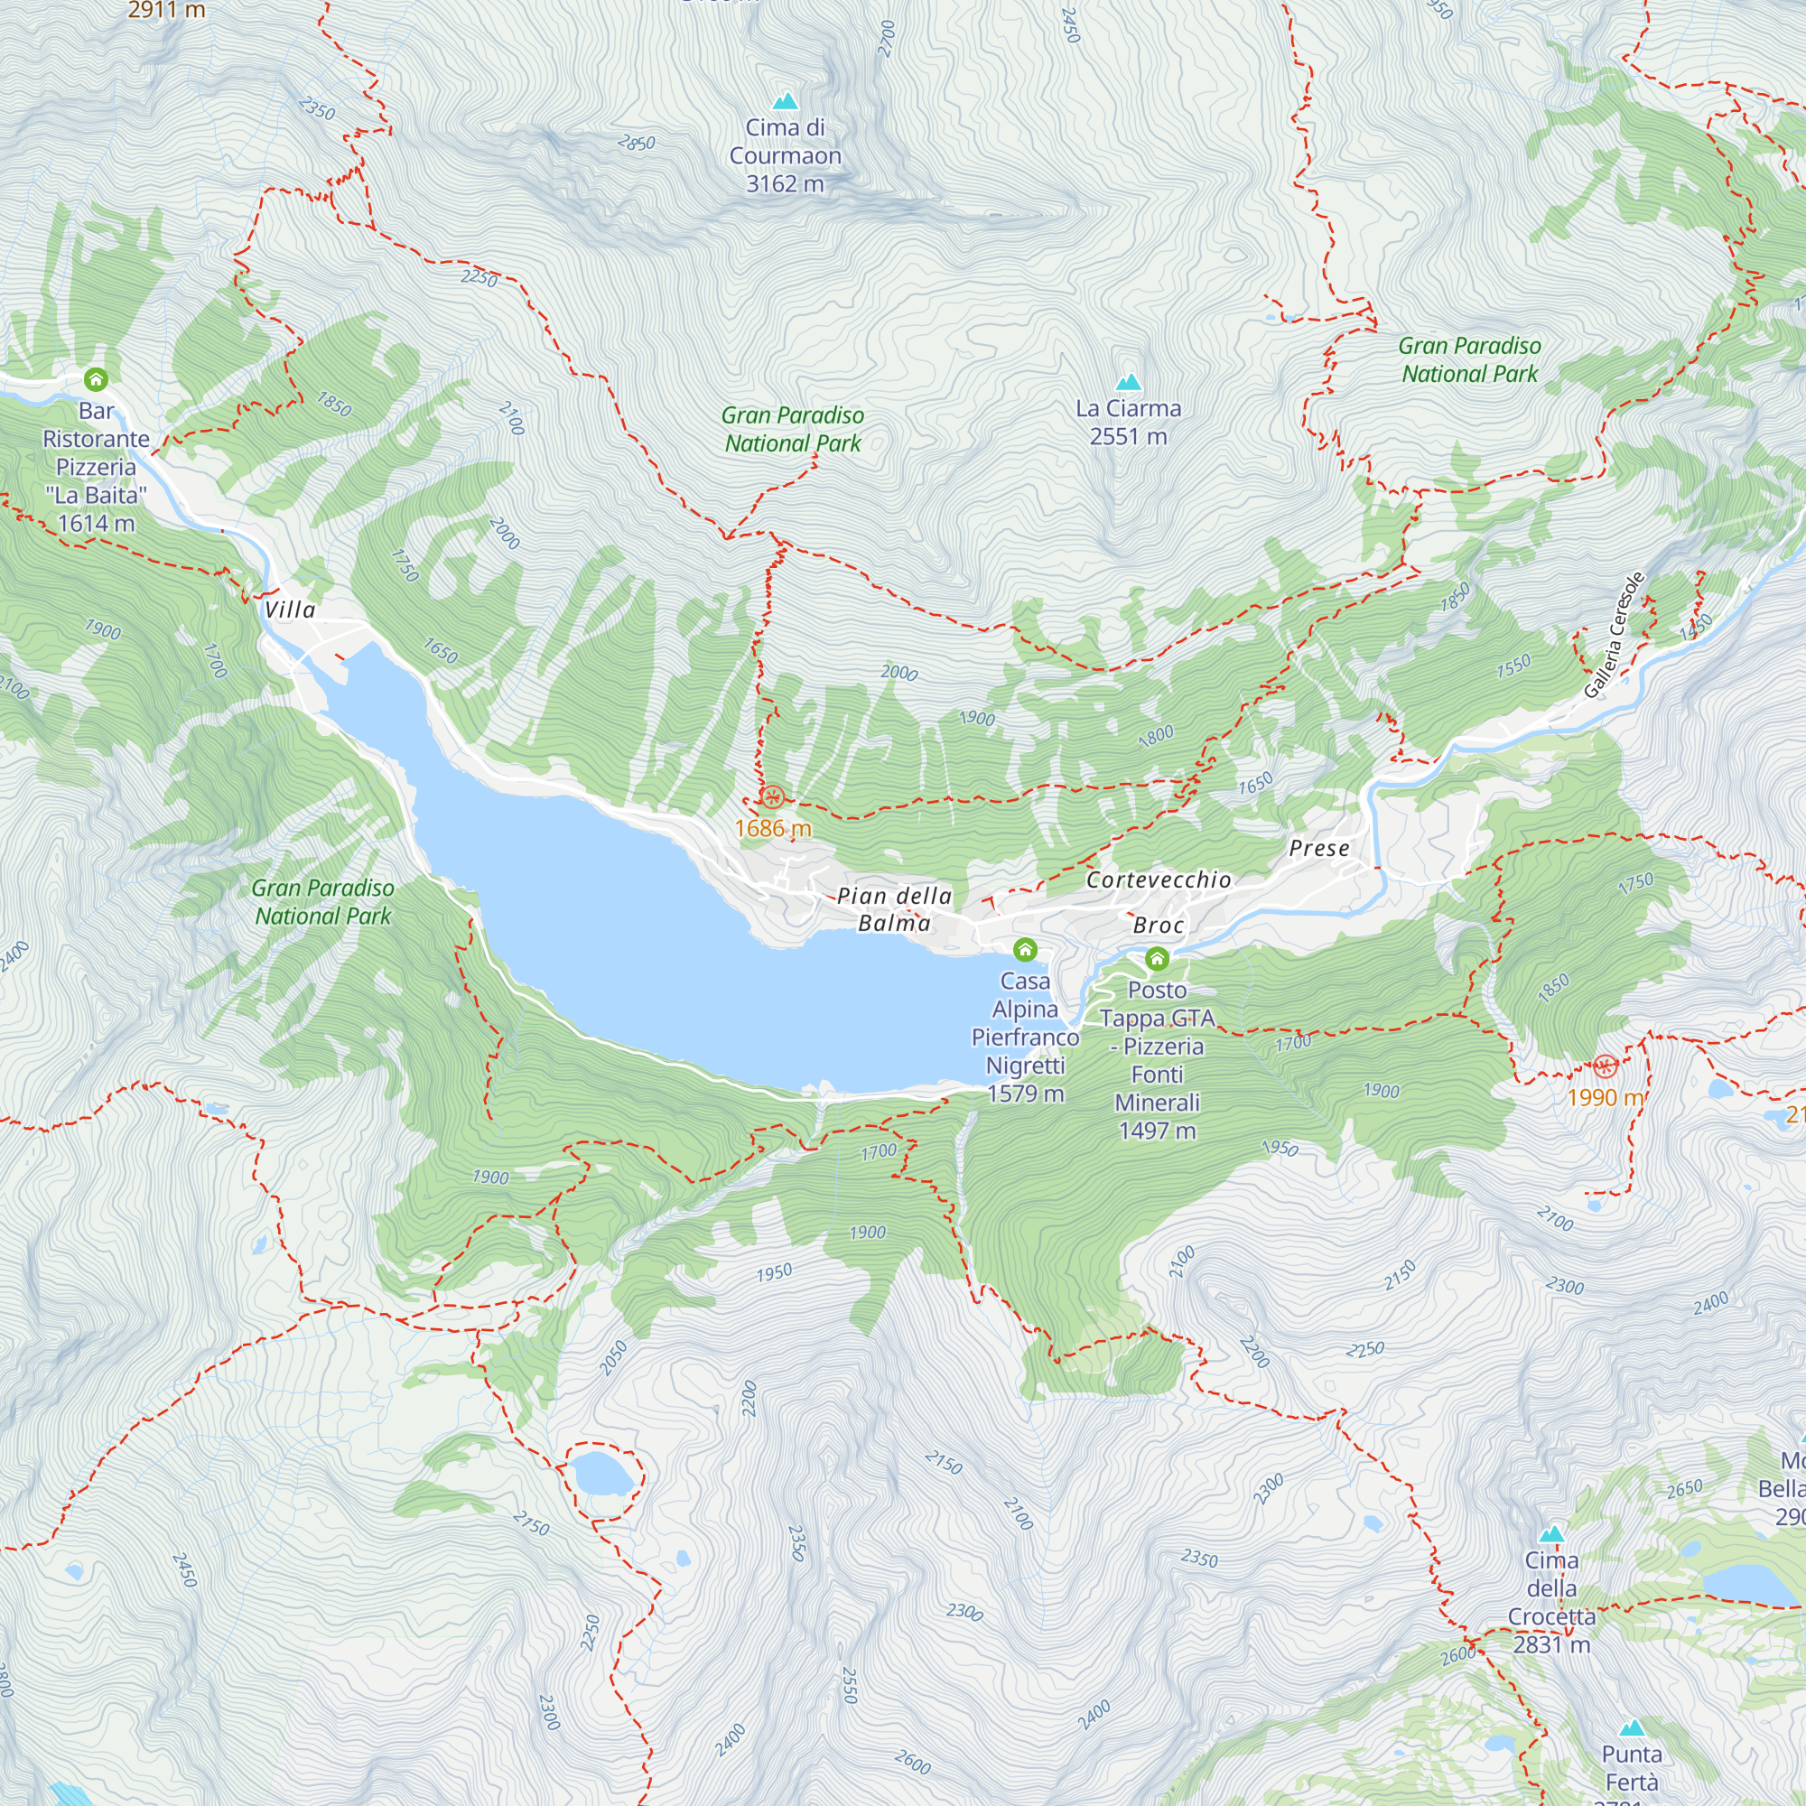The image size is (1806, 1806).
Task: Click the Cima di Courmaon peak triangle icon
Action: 786,101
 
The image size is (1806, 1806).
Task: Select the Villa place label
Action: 290,610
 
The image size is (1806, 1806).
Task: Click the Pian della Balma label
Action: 894,909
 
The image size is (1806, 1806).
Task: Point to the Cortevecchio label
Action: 1159,880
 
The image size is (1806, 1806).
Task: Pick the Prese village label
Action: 1319,849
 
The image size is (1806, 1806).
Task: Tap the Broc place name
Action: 1159,926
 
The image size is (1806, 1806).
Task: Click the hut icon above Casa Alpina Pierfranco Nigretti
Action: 1025,951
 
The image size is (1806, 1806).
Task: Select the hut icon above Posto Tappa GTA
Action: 1157,958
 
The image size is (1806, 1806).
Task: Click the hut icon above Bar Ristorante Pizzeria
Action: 97,379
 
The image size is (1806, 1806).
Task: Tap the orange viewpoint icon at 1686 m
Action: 771,797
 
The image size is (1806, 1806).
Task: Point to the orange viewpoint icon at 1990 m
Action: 1604,1066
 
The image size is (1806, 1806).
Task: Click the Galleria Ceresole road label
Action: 1614,635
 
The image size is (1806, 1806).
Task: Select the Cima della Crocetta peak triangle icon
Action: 1551,1534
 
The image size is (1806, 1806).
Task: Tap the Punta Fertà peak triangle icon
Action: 1632,1728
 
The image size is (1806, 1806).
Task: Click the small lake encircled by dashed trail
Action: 600,1476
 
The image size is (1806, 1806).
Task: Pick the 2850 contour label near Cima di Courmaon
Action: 637,143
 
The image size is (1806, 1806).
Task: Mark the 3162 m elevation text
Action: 786,184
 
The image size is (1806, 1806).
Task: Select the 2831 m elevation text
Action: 1550,1644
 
